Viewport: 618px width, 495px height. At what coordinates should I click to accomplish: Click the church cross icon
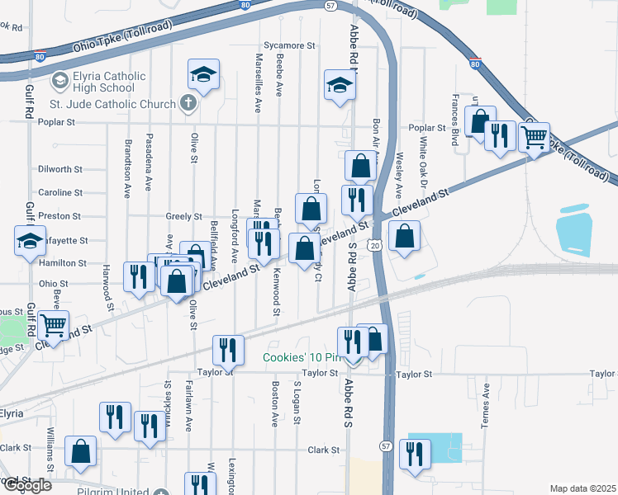pos(188,104)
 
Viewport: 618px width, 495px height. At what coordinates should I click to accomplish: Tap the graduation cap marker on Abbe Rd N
pos(340,85)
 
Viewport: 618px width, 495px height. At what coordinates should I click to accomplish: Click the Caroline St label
pos(60,192)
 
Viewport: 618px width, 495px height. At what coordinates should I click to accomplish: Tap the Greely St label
pos(183,216)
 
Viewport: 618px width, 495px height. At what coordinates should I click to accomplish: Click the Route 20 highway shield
pos(375,246)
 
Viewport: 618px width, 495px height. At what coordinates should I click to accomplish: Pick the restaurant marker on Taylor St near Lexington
pos(228,349)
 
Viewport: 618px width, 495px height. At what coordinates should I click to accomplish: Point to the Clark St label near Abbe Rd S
pos(324,450)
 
